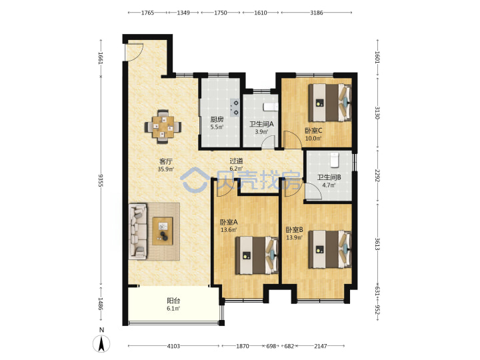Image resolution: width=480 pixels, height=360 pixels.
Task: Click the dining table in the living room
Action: pos(163,127)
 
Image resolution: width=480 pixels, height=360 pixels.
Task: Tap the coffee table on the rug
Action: pos(163,231)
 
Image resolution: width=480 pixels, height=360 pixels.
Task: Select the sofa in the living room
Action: pos(138,231)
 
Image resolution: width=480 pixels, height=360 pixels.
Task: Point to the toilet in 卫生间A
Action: pos(271,107)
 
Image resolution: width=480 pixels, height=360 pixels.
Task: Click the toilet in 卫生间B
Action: pos(334,160)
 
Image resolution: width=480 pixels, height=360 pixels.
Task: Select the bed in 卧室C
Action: pos(329,103)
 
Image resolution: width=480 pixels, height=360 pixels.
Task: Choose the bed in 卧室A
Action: pos(257,255)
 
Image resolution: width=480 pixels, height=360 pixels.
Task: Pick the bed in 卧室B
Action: pos(329,249)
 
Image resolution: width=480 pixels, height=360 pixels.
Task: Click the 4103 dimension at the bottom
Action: pos(173,346)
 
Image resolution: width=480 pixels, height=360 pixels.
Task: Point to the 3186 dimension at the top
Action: pos(316,13)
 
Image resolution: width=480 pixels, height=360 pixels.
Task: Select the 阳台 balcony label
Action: pos(173,301)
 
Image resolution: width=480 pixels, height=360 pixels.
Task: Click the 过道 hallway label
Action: pos(236,161)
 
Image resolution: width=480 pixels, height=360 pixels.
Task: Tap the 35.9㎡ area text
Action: pos(166,169)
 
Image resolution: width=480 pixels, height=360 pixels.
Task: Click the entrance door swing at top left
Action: pos(135,52)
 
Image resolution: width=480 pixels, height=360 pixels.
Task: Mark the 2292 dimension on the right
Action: pos(377,176)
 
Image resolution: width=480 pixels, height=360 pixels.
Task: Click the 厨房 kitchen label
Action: pos(217,119)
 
